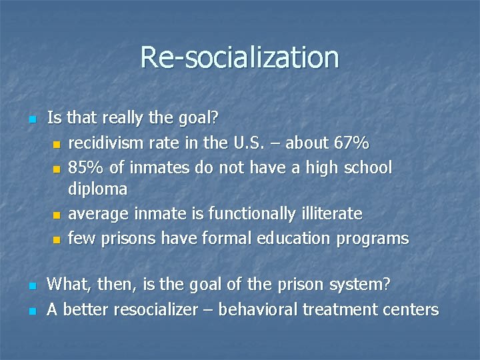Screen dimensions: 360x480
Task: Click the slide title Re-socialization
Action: [x=239, y=57]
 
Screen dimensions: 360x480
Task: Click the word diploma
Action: [x=97, y=189]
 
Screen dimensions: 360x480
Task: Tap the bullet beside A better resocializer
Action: [x=31, y=311]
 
